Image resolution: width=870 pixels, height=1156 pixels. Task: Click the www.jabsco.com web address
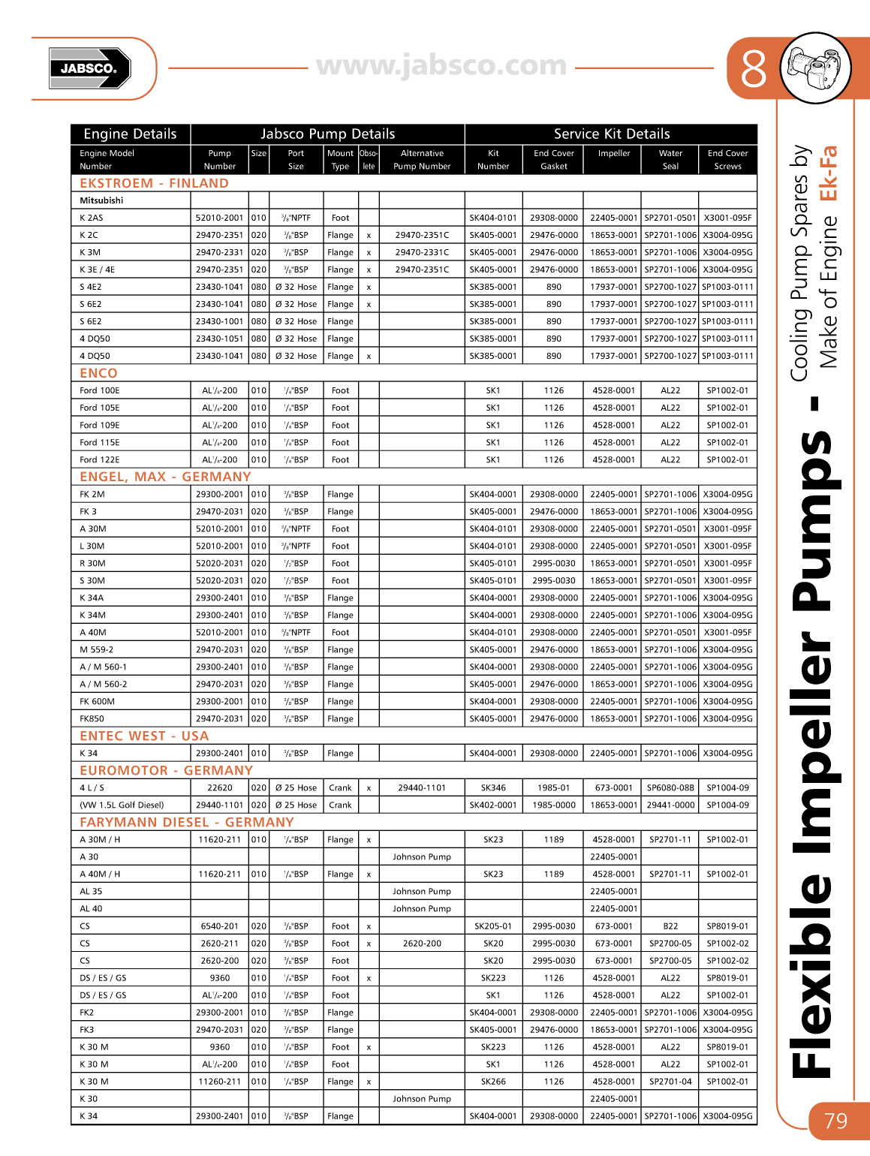point(441,66)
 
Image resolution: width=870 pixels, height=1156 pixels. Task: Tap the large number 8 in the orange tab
point(753,69)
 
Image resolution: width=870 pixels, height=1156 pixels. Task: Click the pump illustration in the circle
point(815,68)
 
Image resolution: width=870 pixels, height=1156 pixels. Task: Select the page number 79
point(835,1121)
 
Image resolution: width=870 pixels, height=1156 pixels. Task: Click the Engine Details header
point(130,134)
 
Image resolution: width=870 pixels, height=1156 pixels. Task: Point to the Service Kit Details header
point(612,134)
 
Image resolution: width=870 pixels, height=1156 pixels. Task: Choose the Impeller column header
point(614,153)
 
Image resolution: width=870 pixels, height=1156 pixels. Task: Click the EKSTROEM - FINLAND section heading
point(154,183)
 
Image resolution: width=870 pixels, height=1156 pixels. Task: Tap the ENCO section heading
point(98,373)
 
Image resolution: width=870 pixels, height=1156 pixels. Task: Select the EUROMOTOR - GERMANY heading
point(166,770)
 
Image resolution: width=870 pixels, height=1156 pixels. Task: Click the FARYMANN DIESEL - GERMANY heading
point(186,822)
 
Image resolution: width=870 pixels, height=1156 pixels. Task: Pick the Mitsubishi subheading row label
point(101,200)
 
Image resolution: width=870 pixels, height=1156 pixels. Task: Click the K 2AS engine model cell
point(92,218)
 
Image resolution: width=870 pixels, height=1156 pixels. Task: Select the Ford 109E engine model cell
point(99,425)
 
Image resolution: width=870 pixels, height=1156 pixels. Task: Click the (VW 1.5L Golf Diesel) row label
point(122,805)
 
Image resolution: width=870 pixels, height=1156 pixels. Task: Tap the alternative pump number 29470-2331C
point(422,252)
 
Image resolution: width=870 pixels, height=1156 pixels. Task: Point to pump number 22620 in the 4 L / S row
point(220,787)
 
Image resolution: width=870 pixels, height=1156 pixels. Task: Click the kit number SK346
point(493,787)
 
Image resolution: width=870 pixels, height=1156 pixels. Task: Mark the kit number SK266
point(493,1082)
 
